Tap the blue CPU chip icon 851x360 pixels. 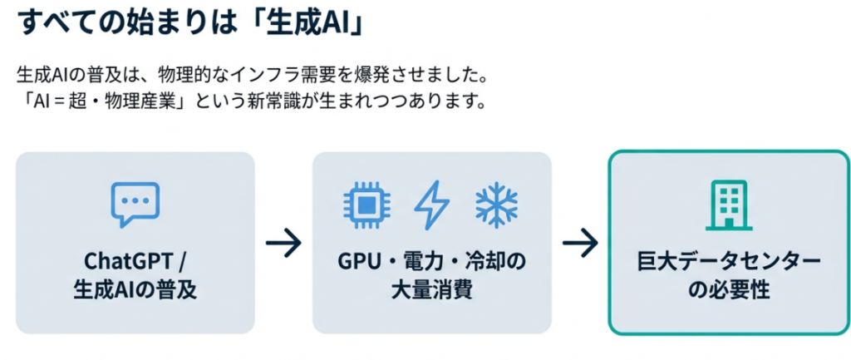click(366, 204)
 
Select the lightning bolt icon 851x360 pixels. click(431, 204)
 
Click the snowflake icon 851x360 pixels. click(496, 204)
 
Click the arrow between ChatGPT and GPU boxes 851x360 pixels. click(283, 244)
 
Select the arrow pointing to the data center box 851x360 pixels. click(580, 244)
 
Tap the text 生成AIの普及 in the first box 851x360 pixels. click(135, 292)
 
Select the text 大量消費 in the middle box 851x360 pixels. click(431, 292)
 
